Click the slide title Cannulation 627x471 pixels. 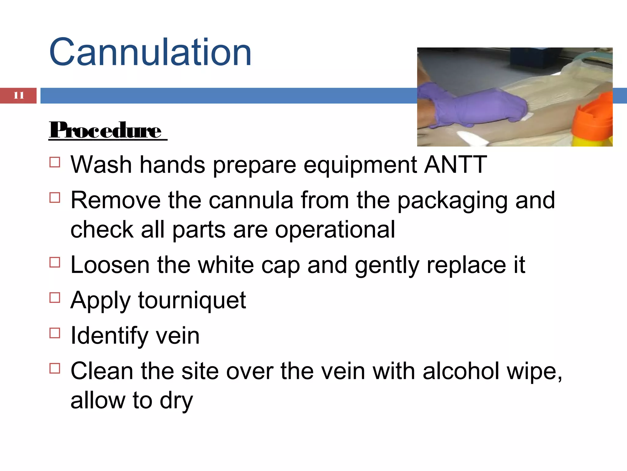pos(150,52)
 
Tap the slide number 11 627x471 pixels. pos(18,95)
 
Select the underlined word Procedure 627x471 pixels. pos(106,130)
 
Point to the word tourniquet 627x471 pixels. pos(192,300)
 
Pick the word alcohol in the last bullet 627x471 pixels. pos(461,371)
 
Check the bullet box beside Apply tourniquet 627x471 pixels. pos(55,297)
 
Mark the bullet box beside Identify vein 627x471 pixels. pos(55,333)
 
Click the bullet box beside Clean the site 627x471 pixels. pos(55,368)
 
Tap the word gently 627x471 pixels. pos(387,266)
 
